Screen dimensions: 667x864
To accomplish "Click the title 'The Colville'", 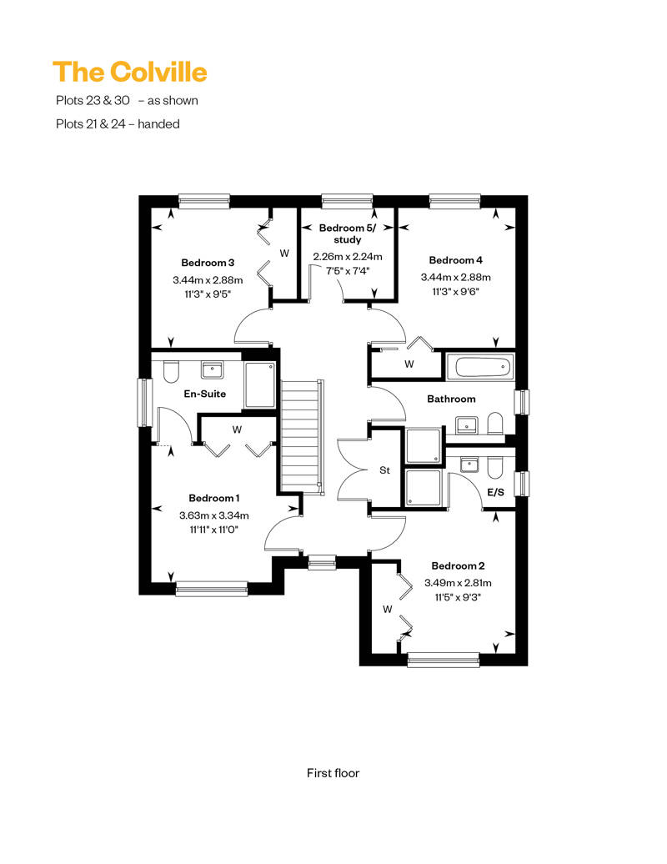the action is pyautogui.click(x=130, y=73).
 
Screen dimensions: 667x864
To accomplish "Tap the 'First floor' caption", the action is pyautogui.click(x=333, y=773).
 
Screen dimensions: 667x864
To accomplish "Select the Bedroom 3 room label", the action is pyautogui.click(x=208, y=263).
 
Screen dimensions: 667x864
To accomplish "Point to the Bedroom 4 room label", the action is pyautogui.click(x=455, y=260).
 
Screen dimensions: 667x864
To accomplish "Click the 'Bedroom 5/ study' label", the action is pyautogui.click(x=348, y=234).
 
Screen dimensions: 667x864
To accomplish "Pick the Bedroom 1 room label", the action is pyautogui.click(x=213, y=498).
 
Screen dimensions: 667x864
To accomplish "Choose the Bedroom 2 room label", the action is pyautogui.click(x=458, y=566).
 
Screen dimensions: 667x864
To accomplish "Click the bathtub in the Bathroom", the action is pyautogui.click(x=479, y=367).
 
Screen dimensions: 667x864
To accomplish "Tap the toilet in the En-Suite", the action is pyautogui.click(x=171, y=372).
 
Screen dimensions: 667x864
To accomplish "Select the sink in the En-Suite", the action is pyautogui.click(x=212, y=369).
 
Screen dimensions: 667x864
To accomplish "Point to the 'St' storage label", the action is pyautogui.click(x=384, y=470).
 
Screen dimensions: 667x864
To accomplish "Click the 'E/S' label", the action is pyautogui.click(x=496, y=492).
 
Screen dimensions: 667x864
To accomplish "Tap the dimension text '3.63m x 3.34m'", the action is pyautogui.click(x=213, y=515).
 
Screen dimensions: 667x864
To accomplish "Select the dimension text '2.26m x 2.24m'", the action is pyautogui.click(x=348, y=257).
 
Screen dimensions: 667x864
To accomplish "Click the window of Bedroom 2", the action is pyautogui.click(x=443, y=660).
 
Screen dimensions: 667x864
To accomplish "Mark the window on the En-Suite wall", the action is pyautogui.click(x=144, y=402).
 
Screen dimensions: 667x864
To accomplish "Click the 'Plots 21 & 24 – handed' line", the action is pyautogui.click(x=118, y=124).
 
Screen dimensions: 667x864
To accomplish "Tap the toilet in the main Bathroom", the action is pyautogui.click(x=495, y=423).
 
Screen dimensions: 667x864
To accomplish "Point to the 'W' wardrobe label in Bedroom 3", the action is pyautogui.click(x=284, y=254).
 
